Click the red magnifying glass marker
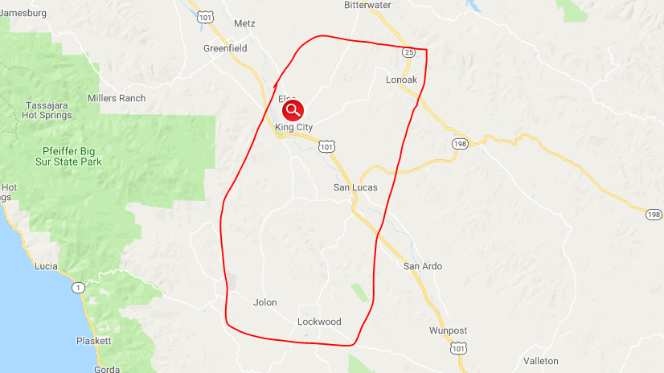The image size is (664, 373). (x=293, y=110)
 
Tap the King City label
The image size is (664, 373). (x=293, y=128)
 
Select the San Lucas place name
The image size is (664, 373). (x=355, y=187)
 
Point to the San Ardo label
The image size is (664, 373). (x=423, y=266)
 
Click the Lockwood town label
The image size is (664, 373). (x=319, y=322)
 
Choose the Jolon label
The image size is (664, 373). (x=264, y=303)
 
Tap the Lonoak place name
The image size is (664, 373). (x=402, y=80)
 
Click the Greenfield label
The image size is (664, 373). (x=225, y=48)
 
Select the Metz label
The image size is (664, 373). (x=244, y=23)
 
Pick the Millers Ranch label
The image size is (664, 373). (x=117, y=98)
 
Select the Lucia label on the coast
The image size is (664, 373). (x=46, y=264)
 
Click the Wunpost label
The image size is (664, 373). (x=448, y=330)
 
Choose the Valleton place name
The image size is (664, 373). (x=540, y=361)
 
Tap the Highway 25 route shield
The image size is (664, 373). (x=408, y=52)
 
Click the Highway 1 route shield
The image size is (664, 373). (x=78, y=287)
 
